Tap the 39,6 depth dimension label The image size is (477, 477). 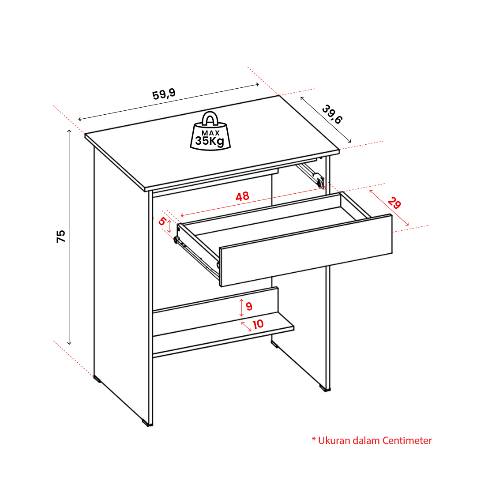tap(332, 114)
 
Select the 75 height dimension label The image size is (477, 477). tap(61, 236)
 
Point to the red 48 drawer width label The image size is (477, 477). tap(242, 196)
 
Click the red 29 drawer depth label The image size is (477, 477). tap(394, 203)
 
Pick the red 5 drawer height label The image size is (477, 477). tap(162, 221)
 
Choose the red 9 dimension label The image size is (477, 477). tap(249, 306)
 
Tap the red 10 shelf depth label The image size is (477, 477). tap(258, 324)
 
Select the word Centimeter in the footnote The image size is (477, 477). tap(407, 440)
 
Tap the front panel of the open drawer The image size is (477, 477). tap(306, 250)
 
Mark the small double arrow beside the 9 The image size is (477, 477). tap(241, 308)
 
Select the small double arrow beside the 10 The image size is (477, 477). tap(246, 327)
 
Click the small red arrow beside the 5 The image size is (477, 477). tap(169, 227)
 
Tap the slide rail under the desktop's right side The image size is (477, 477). tap(310, 175)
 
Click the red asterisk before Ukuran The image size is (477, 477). tap(314, 439)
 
